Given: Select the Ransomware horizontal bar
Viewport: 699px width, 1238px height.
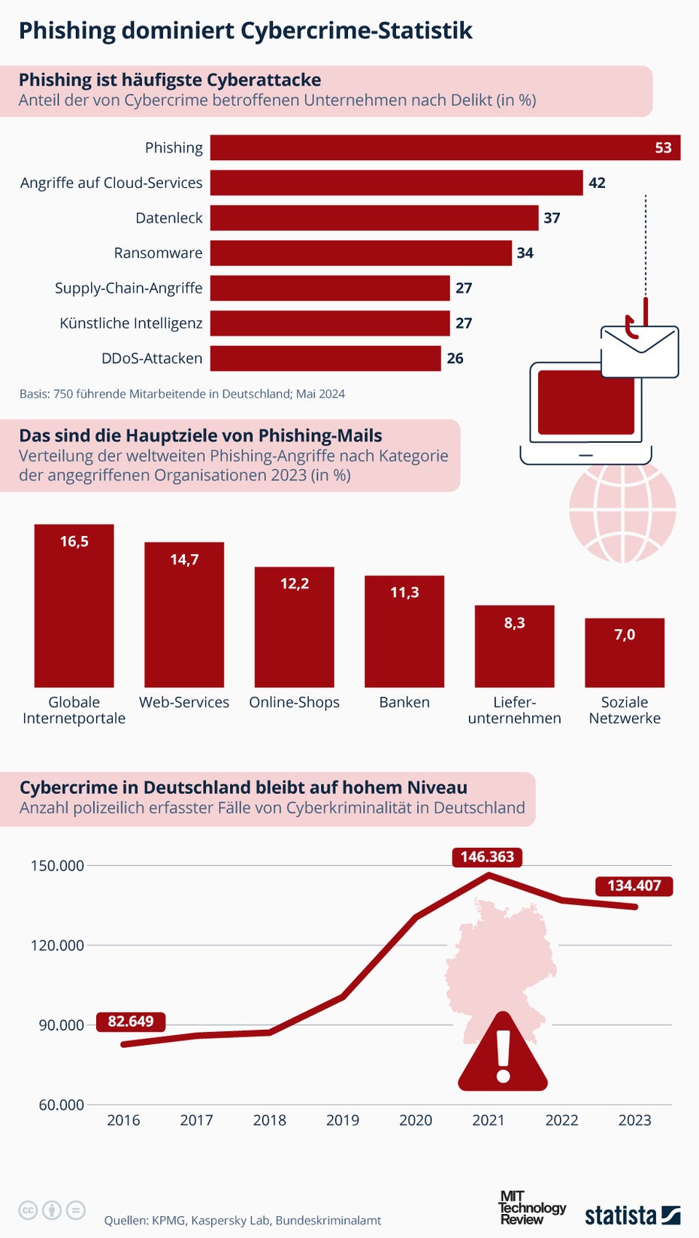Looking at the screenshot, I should point(361,253).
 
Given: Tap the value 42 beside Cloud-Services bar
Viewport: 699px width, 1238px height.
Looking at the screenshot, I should point(597,183).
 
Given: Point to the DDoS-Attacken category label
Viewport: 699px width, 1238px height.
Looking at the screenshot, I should point(152,359).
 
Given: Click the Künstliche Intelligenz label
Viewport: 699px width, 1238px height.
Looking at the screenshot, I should point(131,323).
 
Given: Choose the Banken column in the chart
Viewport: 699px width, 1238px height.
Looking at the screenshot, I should point(404,631).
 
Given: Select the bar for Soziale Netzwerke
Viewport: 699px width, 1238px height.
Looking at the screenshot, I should point(625,652).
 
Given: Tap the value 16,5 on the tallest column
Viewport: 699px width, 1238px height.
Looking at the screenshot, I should point(74,541).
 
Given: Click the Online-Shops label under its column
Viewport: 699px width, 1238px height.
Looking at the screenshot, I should point(294,702).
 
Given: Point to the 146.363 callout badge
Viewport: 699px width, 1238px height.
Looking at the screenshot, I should point(487,857).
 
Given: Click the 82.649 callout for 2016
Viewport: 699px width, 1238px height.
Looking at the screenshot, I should point(130,1022).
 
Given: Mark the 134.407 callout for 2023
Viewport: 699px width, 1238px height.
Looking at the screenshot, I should point(634,885).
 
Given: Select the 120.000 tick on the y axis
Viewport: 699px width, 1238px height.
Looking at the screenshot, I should point(57,945).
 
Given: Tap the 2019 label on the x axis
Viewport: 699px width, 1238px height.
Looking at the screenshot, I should point(343,1120).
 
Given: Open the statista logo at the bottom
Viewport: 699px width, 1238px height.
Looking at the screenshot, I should point(632,1215).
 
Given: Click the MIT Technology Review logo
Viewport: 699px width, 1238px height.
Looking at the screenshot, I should point(531,1208).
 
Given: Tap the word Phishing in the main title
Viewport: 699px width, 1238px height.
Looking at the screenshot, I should point(67,31).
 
